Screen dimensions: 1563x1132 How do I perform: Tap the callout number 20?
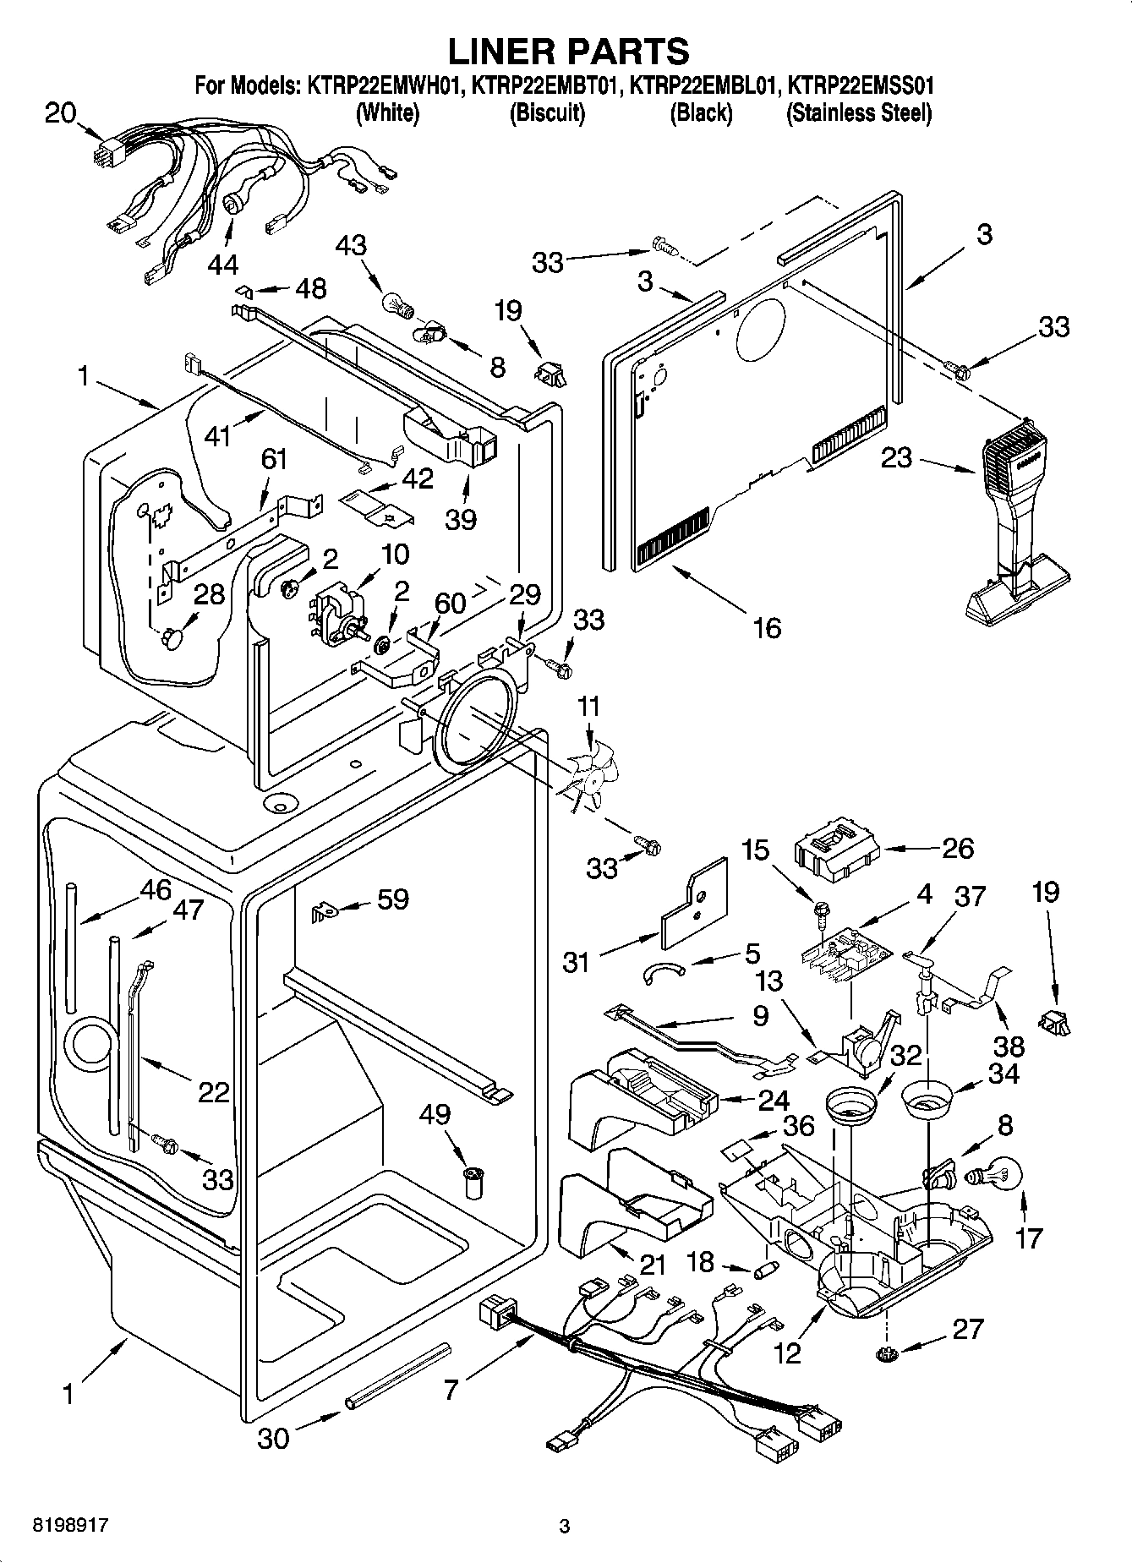60,112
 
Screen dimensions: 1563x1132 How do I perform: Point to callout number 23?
897,459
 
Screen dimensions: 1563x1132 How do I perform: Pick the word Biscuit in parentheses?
547,112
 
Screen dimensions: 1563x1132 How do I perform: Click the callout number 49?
435,1115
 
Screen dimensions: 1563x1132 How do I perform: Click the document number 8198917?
71,1526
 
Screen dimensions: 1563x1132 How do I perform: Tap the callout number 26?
957,848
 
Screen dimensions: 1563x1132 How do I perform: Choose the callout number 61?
274,460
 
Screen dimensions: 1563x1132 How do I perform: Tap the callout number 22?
214,1092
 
